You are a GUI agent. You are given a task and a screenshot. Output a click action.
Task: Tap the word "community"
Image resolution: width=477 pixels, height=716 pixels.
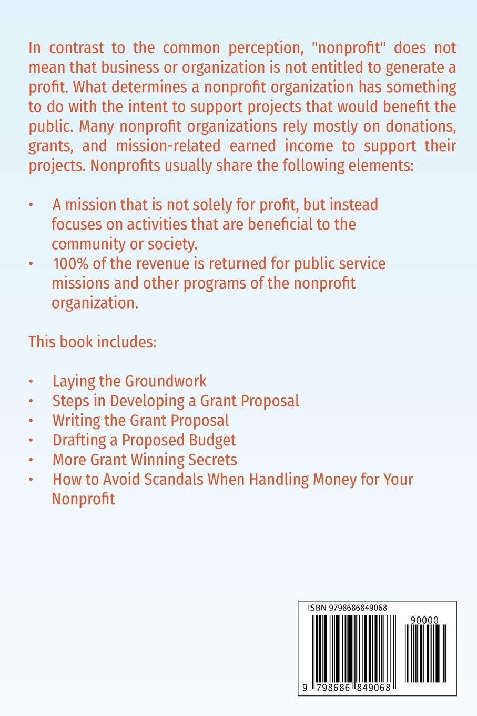pyautogui.click(x=88, y=244)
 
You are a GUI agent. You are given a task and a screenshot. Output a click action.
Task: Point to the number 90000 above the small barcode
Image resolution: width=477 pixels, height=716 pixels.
pyautogui.click(x=424, y=621)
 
